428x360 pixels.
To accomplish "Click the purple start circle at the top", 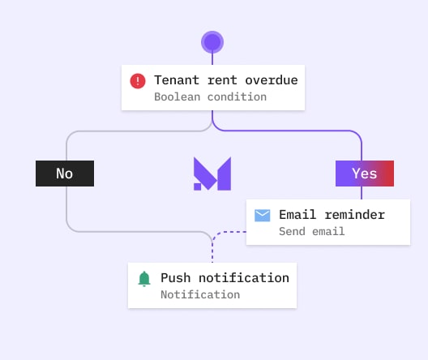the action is [x=212, y=42].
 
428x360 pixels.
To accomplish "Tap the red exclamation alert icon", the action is [x=138, y=81].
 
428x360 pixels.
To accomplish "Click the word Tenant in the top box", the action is [x=177, y=80].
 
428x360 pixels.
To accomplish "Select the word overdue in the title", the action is [x=272, y=80].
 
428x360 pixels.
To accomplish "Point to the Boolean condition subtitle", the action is [x=210, y=96].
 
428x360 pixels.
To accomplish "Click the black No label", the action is [x=65, y=174].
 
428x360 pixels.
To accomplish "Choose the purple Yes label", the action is [x=365, y=174].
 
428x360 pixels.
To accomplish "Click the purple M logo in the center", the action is [x=212, y=174].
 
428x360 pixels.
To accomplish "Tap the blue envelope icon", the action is [x=263, y=216].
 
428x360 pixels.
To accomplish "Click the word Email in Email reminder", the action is [x=297, y=215].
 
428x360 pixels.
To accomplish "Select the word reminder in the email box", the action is [x=355, y=215].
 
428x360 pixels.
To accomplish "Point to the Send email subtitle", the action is [x=312, y=231].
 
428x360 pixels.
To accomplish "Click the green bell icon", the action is [x=144, y=279].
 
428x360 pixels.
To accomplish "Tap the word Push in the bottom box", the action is [x=176, y=278].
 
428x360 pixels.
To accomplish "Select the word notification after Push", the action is [x=244, y=278].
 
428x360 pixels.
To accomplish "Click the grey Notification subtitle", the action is [x=200, y=295].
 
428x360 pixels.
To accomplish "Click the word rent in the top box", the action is [x=222, y=81].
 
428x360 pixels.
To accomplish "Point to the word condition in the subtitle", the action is [x=237, y=96].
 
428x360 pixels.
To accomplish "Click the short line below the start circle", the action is [x=212, y=59].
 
